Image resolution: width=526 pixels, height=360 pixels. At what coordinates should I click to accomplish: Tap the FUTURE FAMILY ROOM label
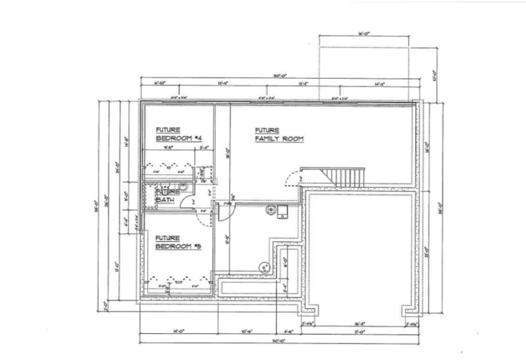coord(279,134)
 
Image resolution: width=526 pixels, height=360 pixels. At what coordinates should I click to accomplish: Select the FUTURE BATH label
coord(165,196)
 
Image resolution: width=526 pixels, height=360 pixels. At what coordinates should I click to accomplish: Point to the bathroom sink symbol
coord(184,188)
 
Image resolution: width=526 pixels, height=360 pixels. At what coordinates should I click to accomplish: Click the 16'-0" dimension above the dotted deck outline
coord(364,34)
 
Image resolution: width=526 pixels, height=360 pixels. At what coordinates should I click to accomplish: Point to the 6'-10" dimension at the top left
coord(160,83)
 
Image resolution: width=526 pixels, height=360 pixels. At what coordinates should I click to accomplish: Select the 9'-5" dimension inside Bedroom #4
coord(168,148)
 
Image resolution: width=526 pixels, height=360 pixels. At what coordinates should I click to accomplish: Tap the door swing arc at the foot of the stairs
coord(292,177)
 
